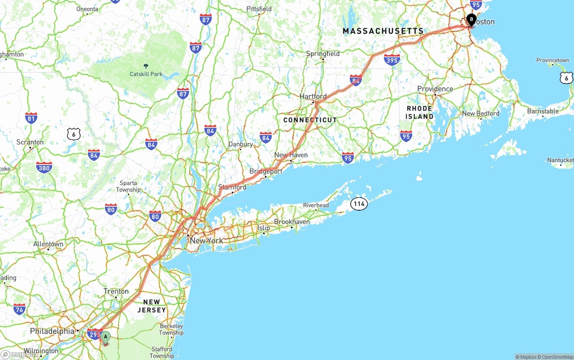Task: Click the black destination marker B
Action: point(471,19)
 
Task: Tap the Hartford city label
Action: point(313,96)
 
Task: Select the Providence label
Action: point(435,89)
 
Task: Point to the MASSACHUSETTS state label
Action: point(383,31)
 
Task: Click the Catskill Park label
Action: point(146,74)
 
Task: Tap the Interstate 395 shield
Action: point(392,60)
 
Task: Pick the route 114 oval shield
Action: point(359,204)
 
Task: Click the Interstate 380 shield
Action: point(44,168)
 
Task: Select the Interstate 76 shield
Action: point(19,309)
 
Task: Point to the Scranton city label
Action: point(30,142)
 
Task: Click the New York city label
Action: point(206,241)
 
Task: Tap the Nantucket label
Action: point(561,160)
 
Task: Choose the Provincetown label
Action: point(552,60)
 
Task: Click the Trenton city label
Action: point(116,291)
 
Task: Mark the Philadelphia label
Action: point(52,331)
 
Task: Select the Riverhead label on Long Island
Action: point(316,205)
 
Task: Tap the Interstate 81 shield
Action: point(31,118)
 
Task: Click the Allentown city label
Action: point(48,244)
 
